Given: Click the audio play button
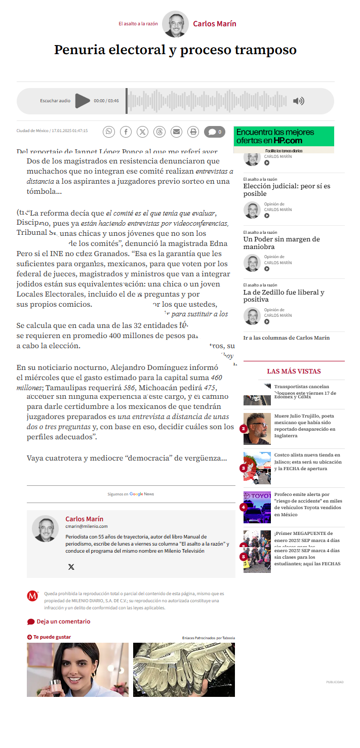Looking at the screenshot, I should pos(82,101).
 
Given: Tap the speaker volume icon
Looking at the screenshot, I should pos(299,101).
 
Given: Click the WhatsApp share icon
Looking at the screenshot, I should pos(109,132).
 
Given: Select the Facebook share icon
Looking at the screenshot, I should pos(126,132).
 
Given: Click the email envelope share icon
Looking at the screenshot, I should pos(176,132).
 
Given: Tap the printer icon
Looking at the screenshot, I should pos(193,132).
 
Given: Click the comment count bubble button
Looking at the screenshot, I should pos(215,132).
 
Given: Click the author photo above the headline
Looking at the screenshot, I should pos(175,24).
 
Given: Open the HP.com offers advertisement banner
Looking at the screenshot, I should pos(284,139).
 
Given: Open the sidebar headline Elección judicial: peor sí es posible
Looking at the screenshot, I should pos(287,190).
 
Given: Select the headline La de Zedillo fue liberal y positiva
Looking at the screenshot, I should pos(284,296).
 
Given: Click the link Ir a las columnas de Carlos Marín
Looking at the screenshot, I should pos(286,338).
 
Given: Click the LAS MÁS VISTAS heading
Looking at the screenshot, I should pos(294,371).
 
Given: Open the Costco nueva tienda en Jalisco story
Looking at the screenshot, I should pos(307,462).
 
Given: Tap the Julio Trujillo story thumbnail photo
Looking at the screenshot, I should pos(257,429).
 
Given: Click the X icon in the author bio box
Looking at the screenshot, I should pos(71,567).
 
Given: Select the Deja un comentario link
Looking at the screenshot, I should pos(63,621).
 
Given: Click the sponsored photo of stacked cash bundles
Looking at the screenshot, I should pos(184,670).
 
